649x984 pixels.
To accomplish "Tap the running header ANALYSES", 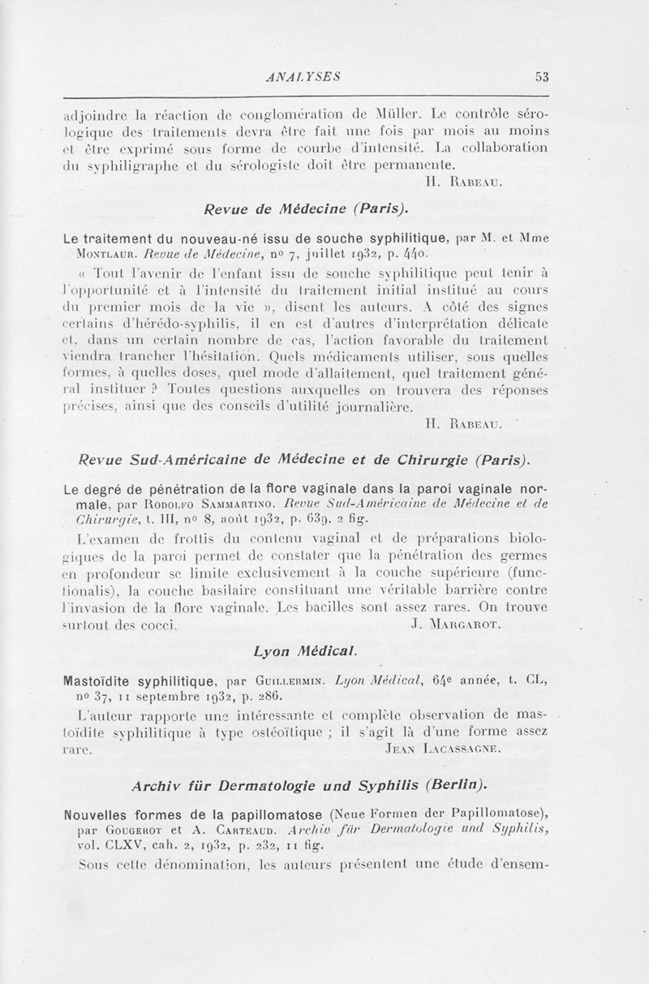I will pos(303,77).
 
